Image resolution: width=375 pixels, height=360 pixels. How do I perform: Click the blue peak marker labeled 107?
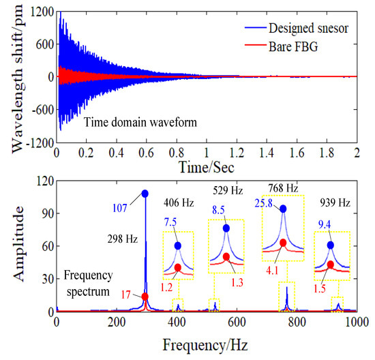145,194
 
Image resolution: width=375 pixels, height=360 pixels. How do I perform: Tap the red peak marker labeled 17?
145,297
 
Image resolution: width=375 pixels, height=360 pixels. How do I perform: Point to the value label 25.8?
265,204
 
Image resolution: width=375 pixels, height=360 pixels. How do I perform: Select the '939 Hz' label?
335,202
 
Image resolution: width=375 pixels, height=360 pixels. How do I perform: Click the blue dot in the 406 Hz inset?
178,245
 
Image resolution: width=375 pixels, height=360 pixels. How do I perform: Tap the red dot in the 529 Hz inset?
226,257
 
